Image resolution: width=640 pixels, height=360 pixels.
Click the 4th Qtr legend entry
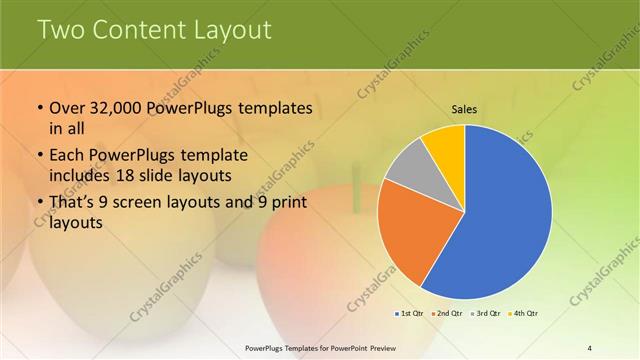[523, 314]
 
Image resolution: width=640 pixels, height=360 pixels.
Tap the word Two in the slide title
[62, 30]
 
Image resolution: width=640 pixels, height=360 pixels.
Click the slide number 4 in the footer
[590, 347]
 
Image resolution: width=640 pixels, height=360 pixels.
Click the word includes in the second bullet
[79, 176]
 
